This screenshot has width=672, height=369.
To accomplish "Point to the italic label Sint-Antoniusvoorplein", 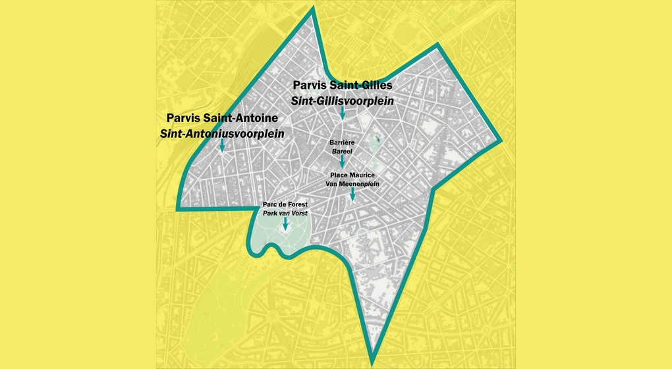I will click(222, 133).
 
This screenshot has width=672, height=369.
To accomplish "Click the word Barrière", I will click(342, 142).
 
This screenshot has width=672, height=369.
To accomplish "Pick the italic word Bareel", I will click(342, 151).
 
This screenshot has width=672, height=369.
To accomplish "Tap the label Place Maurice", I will click(352, 175).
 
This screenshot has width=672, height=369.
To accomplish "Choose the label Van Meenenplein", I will click(352, 184).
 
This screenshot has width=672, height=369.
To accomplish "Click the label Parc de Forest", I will click(285, 204).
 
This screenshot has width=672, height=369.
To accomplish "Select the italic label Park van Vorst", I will click(285, 213).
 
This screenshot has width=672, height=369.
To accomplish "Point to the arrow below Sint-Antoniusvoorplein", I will click(222, 145).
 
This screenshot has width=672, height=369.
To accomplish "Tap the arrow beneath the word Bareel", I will click(342, 161).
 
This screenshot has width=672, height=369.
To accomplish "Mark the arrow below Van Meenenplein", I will click(353, 194).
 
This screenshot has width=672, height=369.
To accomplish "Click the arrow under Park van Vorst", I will click(285, 224).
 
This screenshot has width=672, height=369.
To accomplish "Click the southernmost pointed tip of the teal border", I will click(372, 362).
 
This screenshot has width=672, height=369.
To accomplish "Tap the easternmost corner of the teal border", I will click(502, 140).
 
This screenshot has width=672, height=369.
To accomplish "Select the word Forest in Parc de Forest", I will click(296, 204).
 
